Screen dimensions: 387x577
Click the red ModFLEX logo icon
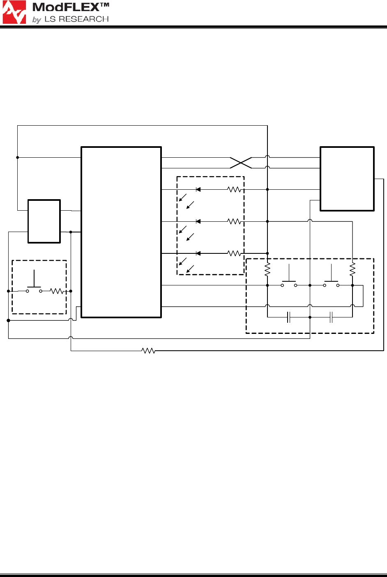(x=14, y=12)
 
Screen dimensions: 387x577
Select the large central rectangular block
(x=121, y=232)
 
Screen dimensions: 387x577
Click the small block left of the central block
(x=44, y=221)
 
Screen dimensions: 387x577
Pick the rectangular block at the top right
(x=347, y=179)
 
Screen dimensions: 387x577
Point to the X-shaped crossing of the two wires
(x=241, y=163)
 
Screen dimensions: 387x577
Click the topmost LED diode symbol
(x=198, y=189)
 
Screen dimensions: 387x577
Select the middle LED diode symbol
(x=198, y=221)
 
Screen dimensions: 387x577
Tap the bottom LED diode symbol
(x=198, y=253)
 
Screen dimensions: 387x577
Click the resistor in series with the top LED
(x=234, y=189)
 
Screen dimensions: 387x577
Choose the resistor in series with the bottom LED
(x=234, y=253)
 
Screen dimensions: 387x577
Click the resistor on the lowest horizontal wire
(x=148, y=351)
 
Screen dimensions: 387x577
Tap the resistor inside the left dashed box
(x=56, y=291)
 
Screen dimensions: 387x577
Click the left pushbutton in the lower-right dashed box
(x=289, y=283)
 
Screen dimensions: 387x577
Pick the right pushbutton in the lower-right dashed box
(x=331, y=283)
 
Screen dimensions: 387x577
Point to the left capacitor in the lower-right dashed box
(x=289, y=317)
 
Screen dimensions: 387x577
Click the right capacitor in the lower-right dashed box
(x=331, y=317)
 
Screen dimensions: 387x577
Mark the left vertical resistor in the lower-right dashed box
(x=267, y=269)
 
